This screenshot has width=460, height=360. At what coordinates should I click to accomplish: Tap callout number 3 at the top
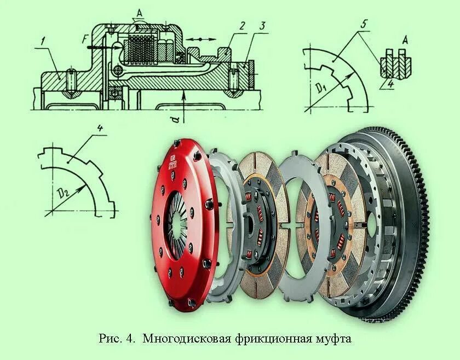(x=263, y=26)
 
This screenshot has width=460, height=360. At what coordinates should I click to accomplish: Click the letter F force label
(x=83, y=40)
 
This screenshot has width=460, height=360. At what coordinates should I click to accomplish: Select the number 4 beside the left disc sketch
(x=100, y=129)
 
